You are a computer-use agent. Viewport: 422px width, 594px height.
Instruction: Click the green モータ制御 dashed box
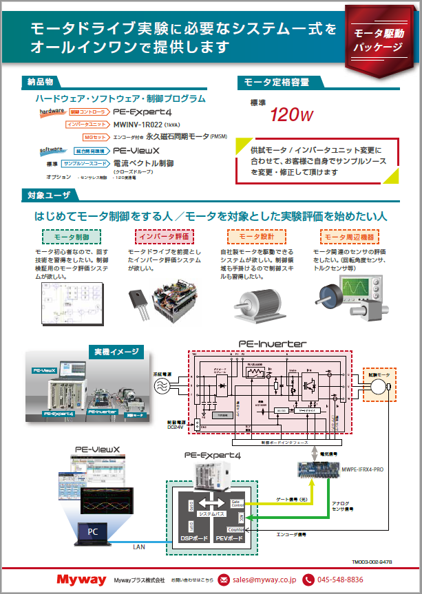72,237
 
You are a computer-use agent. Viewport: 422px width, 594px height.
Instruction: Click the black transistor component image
142,303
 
